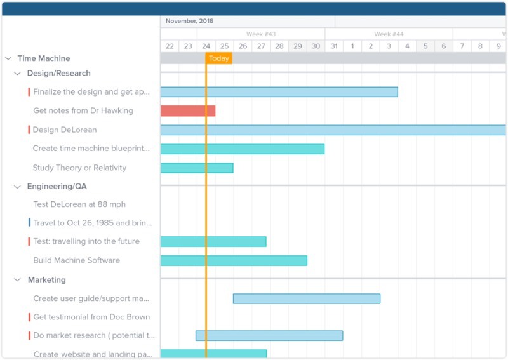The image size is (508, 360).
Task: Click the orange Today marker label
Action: [219, 58]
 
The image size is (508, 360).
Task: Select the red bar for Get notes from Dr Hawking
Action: [187, 111]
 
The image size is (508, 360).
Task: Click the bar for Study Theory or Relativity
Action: [197, 168]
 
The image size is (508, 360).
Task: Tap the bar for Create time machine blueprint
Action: [242, 149]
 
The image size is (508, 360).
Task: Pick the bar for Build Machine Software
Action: [234, 260]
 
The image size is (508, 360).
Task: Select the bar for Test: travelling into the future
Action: [213, 241]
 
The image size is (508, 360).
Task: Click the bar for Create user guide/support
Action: [306, 298]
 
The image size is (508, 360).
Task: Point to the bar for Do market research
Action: [269, 335]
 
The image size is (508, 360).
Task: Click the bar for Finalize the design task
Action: [279, 92]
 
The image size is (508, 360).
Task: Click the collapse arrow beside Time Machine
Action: [8, 58]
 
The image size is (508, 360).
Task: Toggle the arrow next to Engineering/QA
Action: [18, 187]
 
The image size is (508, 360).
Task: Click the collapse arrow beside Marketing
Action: [18, 280]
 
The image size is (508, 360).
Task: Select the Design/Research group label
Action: [58, 74]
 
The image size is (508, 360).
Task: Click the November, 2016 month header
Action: [189, 21]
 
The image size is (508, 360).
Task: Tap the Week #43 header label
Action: [261, 34]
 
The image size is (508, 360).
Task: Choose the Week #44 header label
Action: [389, 34]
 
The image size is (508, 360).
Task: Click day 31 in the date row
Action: [334, 46]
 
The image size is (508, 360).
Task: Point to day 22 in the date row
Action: [170, 46]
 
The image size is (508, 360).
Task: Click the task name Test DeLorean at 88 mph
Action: [79, 204]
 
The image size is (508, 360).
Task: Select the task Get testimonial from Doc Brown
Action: [91, 317]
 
